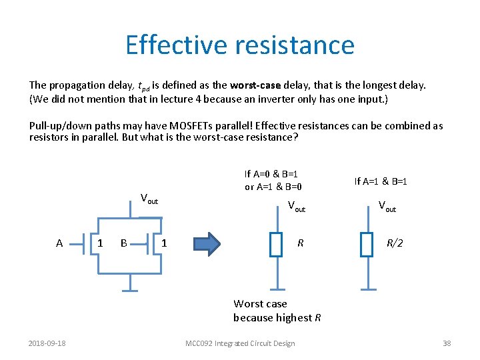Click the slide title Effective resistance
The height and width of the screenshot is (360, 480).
point(239,45)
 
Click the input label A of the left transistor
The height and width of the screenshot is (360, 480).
point(59,243)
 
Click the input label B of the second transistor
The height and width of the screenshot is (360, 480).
point(123,243)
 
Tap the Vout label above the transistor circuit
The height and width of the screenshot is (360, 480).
point(149,199)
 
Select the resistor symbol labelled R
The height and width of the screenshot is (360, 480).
point(277,244)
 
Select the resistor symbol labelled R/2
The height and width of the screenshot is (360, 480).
point(366,244)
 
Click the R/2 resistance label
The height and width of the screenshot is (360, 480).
point(395,243)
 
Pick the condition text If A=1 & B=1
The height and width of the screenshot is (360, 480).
point(381,181)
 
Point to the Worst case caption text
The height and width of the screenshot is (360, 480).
point(260,304)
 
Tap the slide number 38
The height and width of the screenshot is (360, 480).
point(447,343)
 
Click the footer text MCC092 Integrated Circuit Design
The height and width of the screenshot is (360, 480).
point(240,343)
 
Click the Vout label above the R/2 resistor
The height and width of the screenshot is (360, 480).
point(387,207)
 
